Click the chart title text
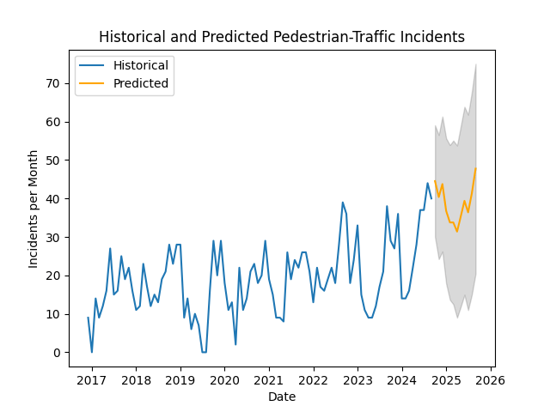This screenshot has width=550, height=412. click(x=282, y=37)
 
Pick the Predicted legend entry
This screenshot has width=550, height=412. click(x=141, y=84)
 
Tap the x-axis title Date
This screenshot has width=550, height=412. click(x=282, y=397)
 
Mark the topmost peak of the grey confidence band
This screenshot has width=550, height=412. click(x=476, y=64)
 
